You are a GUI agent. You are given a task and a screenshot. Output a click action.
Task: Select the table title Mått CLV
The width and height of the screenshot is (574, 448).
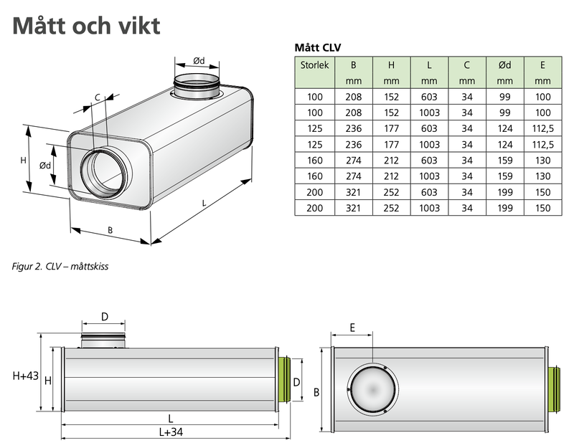318,48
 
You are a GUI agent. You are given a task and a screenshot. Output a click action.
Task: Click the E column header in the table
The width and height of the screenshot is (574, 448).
542,65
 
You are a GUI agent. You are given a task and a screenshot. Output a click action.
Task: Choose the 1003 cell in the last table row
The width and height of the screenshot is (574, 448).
428,209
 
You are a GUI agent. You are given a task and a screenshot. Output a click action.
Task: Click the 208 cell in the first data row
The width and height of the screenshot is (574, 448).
352,96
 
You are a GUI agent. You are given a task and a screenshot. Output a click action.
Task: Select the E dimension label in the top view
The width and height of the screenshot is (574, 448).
352,328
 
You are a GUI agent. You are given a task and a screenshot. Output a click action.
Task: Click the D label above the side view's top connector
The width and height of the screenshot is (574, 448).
104,316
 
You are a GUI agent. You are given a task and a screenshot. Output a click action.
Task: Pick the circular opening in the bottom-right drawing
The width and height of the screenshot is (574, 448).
372,390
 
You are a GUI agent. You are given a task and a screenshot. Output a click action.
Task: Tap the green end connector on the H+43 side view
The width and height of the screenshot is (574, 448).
283,380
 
